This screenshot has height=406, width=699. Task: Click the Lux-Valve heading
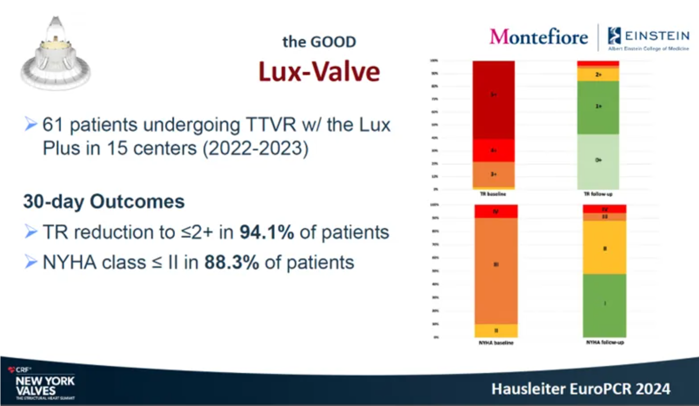tap(319, 72)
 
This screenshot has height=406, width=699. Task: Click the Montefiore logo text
tap(539, 37)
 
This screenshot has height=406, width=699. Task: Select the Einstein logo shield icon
tap(614, 35)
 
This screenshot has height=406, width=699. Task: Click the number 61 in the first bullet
tap(52, 125)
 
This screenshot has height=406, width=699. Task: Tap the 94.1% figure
tap(267, 232)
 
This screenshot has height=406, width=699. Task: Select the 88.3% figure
tap(231, 262)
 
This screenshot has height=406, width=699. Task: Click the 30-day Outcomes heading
tap(104, 201)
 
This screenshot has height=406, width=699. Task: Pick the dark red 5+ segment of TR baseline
tap(493, 100)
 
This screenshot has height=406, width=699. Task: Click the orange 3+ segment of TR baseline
tap(493, 174)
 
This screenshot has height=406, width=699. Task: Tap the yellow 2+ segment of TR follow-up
tap(598, 75)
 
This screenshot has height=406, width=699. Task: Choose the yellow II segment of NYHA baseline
tap(496, 331)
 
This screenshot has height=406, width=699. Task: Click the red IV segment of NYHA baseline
tap(496, 211)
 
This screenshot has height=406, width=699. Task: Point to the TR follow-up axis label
tap(598, 194)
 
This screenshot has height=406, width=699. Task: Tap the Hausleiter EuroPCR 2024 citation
tap(581, 389)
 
